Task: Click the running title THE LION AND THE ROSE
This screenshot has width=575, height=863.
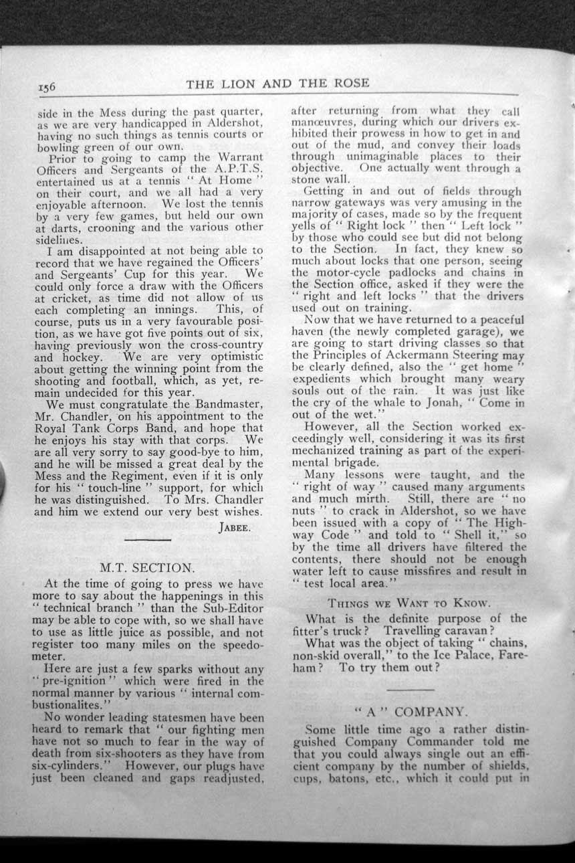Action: click(x=277, y=84)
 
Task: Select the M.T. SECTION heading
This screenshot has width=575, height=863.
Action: click(x=147, y=568)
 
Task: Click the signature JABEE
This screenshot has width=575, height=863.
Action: click(x=234, y=527)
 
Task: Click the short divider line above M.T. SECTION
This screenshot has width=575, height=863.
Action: click(x=147, y=540)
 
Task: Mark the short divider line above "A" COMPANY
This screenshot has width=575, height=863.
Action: click(x=410, y=688)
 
